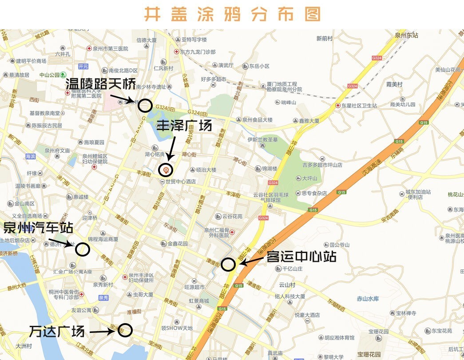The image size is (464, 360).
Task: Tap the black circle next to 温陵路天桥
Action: point(145,106)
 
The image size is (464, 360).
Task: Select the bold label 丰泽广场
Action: point(184,126)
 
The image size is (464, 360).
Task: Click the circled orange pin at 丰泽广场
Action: point(166,170)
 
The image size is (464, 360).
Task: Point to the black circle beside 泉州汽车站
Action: point(82,249)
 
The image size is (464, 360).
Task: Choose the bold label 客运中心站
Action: point(301,257)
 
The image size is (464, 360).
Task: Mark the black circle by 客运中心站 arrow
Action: point(228,265)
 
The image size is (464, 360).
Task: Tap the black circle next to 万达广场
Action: point(126,330)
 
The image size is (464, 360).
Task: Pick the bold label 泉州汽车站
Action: point(38,228)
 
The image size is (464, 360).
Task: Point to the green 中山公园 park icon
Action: point(63,75)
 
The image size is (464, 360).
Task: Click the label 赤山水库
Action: point(368,299)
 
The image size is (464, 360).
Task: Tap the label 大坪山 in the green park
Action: point(309,178)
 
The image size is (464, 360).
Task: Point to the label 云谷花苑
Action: point(232,216)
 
